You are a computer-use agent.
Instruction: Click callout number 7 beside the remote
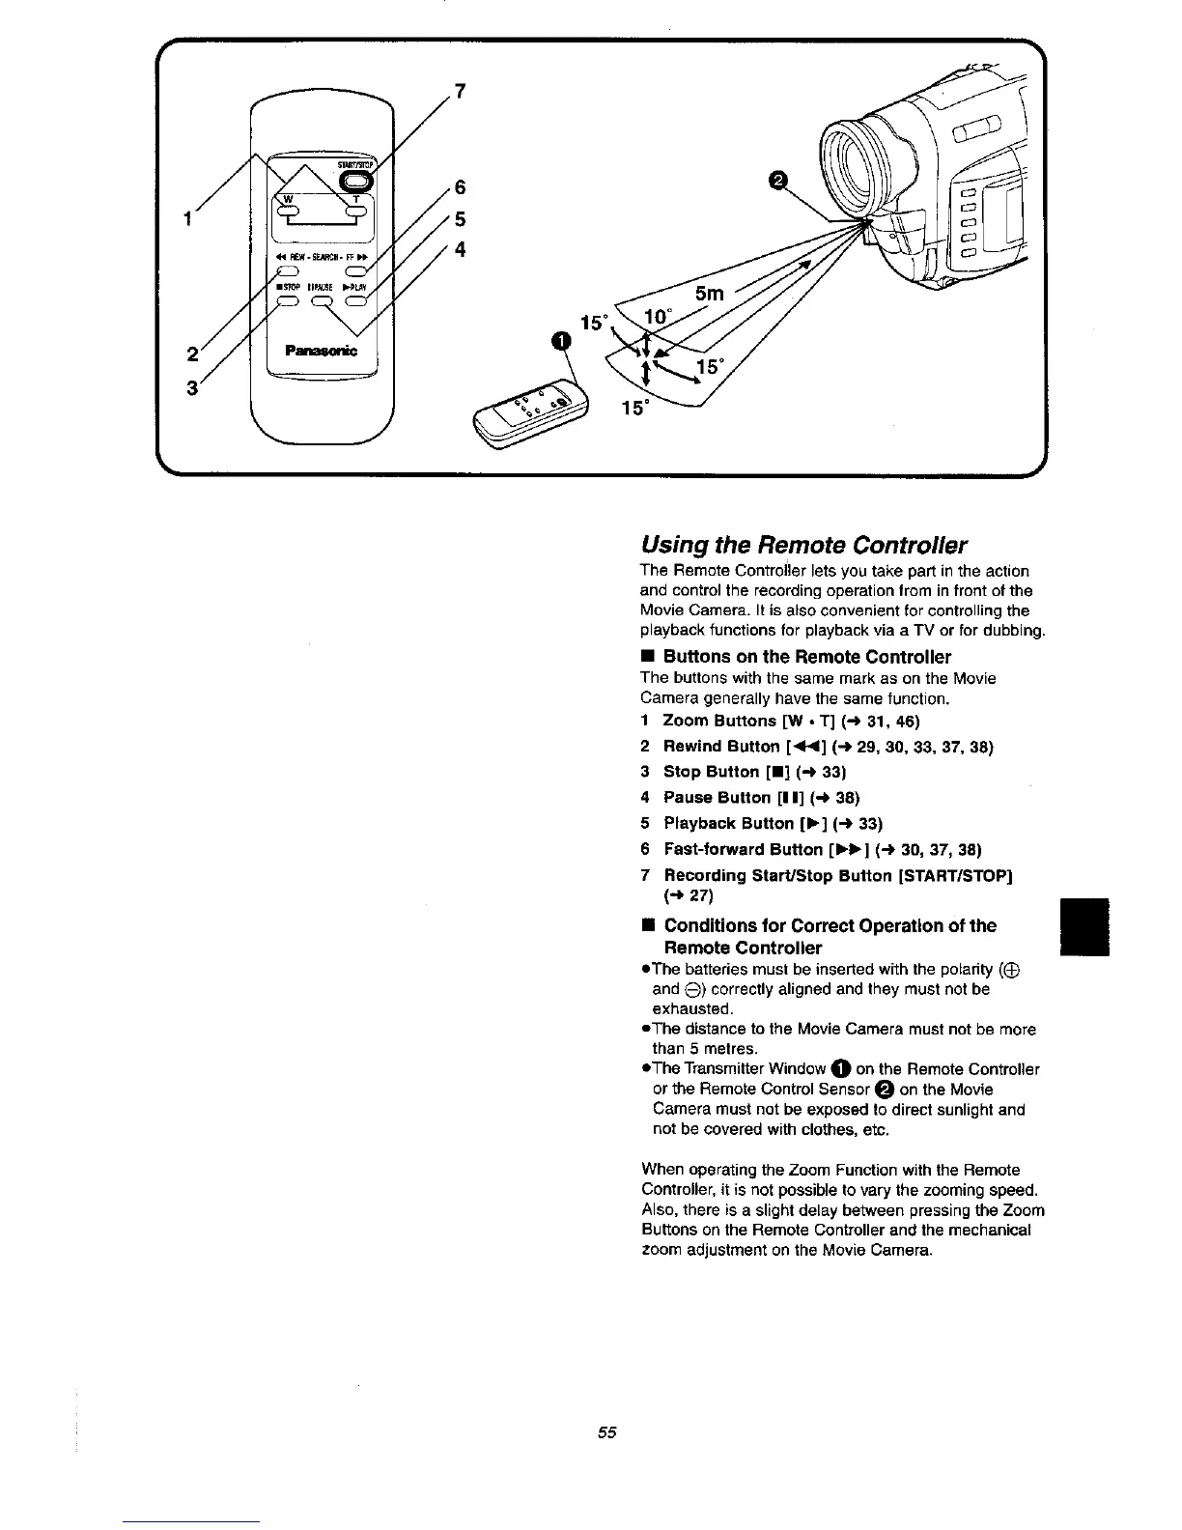coord(461,92)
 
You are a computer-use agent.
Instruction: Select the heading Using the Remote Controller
coord(803,544)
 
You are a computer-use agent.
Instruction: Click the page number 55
coord(605,1431)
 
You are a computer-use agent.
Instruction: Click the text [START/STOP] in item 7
coord(955,875)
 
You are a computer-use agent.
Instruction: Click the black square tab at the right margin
coord(1083,926)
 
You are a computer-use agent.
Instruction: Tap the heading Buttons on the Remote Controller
coord(806,657)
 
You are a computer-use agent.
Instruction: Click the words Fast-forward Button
coord(743,850)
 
